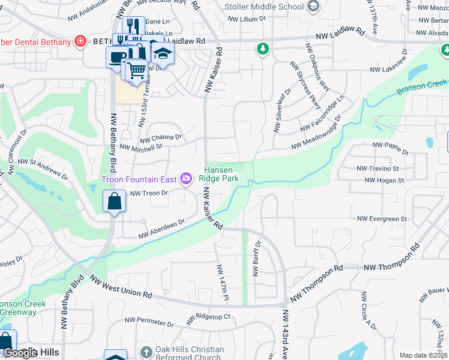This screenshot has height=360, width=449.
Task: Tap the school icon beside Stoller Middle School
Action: click(312, 7)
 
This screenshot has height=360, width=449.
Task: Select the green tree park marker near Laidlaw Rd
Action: click(262, 49)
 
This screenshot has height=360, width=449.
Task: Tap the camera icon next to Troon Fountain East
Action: click(186, 178)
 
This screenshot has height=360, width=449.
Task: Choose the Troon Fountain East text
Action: click(139, 179)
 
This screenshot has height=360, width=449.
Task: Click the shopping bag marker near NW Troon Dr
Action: click(114, 202)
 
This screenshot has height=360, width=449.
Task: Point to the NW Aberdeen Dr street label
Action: click(161, 229)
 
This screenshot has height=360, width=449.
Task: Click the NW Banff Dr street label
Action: click(256, 258)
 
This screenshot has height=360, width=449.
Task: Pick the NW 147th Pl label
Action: click(223, 282)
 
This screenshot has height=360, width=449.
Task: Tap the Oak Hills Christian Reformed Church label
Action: click(190, 353)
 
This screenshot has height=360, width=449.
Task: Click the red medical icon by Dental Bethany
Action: click(79, 41)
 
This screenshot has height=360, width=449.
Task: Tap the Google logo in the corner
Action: click(19, 353)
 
